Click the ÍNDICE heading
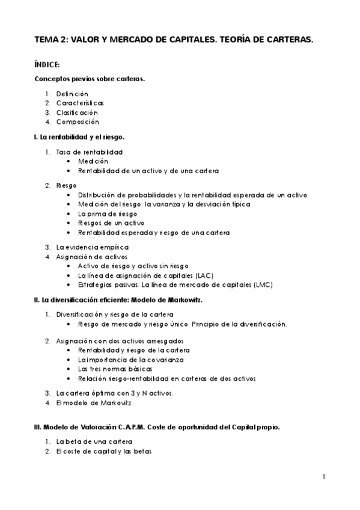tap(47, 64)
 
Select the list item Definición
tap(72, 94)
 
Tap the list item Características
tap(80, 103)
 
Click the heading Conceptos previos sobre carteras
tap(90, 79)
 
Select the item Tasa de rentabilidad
tap(90, 152)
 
